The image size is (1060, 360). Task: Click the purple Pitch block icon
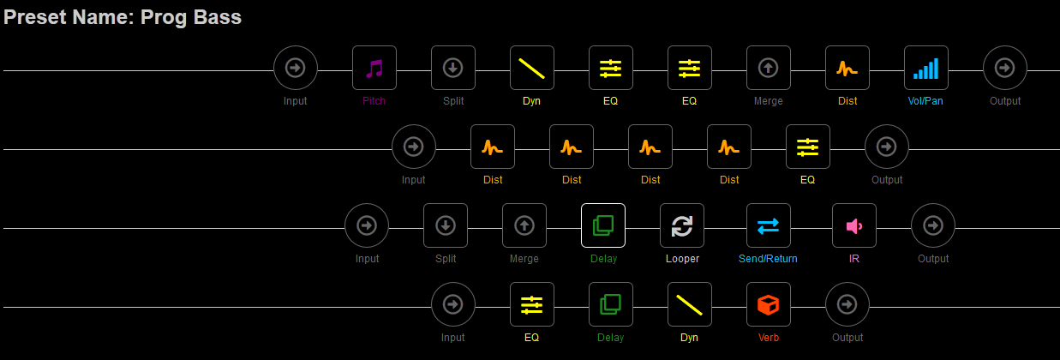(374, 68)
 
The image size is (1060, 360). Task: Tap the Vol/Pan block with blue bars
(926, 68)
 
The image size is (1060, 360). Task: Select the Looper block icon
(682, 225)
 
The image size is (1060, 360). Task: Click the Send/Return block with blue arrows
(769, 225)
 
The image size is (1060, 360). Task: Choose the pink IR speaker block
(854, 225)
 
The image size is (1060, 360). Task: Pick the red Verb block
(769, 304)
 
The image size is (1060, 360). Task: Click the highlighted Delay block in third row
(603, 225)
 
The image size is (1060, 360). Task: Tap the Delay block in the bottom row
(611, 304)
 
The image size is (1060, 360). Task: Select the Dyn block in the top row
(532, 68)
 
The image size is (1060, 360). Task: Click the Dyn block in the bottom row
(690, 304)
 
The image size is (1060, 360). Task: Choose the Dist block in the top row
(847, 68)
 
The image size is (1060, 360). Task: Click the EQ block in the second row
(808, 147)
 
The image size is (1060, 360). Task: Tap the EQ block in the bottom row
(532, 304)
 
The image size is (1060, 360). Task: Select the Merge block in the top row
(769, 68)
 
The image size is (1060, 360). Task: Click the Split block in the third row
(446, 225)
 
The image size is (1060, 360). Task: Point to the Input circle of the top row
(296, 68)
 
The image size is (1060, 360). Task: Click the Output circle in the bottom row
(847, 304)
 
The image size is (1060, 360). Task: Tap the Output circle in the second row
(887, 147)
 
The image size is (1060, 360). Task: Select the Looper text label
(682, 259)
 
